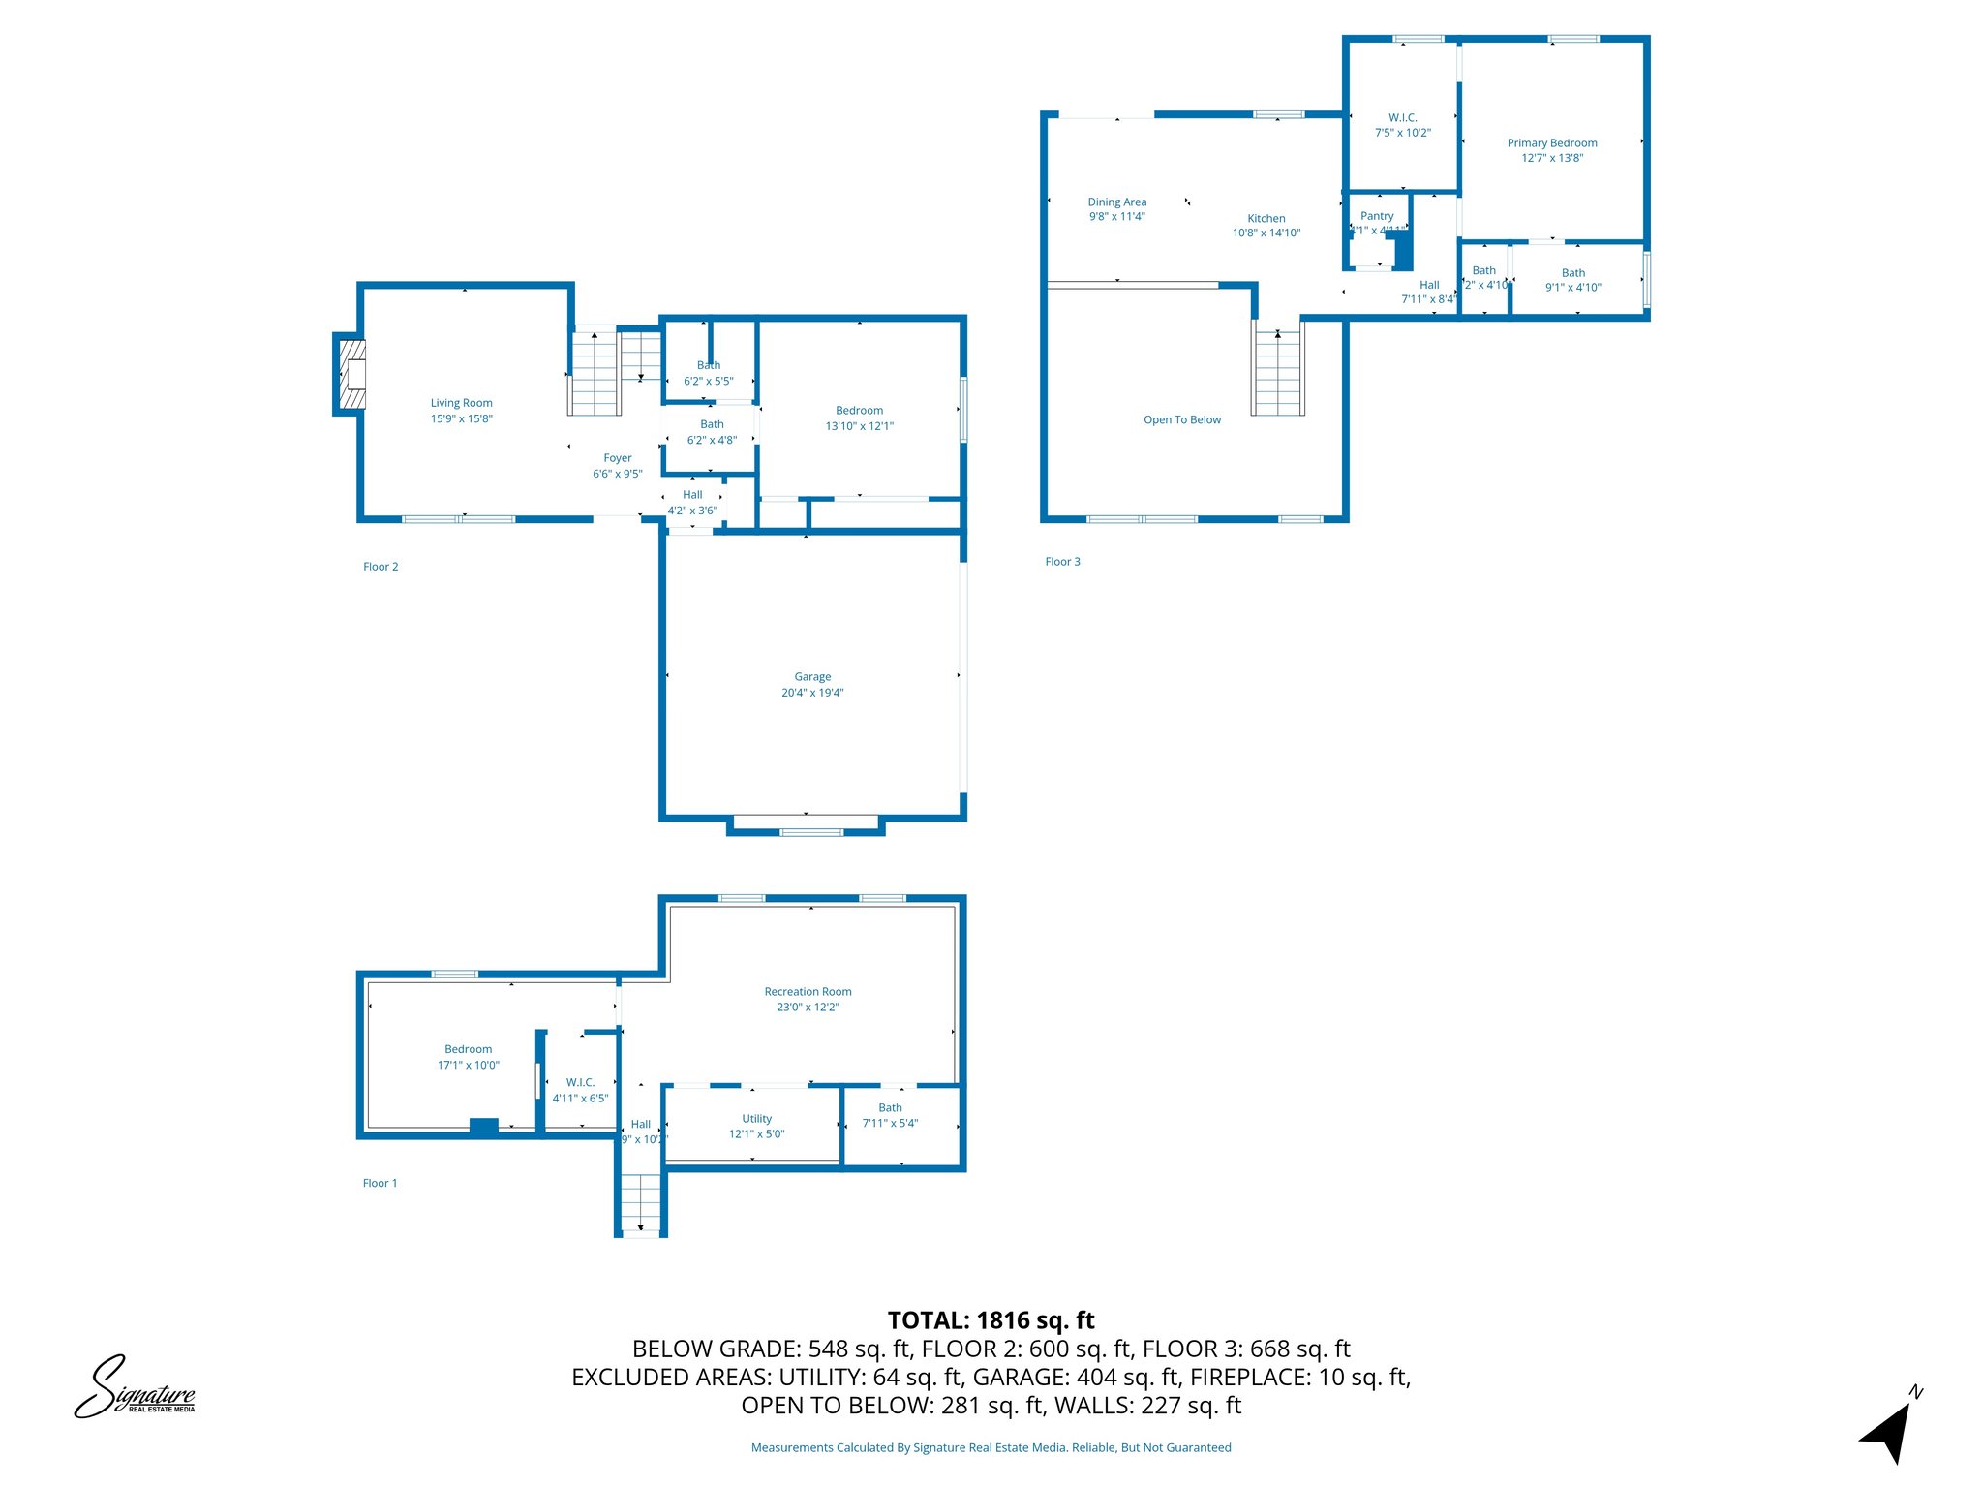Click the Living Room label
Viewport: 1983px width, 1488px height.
(461, 403)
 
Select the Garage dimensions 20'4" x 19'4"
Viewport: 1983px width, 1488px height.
(812, 693)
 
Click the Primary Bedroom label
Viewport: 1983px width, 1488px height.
(1551, 143)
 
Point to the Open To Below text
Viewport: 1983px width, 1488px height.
(1181, 419)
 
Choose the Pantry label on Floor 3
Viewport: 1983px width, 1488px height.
(1376, 216)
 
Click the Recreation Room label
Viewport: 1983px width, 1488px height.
(808, 991)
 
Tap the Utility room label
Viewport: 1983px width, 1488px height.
(756, 1118)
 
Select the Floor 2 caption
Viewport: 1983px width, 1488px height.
(381, 567)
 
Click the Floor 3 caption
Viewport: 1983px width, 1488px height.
(1062, 562)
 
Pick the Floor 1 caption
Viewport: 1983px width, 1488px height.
(380, 1183)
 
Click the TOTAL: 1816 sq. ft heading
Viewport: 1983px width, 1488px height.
(991, 1320)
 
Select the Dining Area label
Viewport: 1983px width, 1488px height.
(1116, 202)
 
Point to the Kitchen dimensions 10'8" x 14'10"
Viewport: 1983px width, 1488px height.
(1266, 232)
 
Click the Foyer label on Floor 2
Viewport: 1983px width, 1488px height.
(617, 458)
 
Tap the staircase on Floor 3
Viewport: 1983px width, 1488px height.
(1278, 373)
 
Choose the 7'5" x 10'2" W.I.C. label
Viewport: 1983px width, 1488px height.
(1402, 133)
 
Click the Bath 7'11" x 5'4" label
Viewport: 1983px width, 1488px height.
(890, 1107)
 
